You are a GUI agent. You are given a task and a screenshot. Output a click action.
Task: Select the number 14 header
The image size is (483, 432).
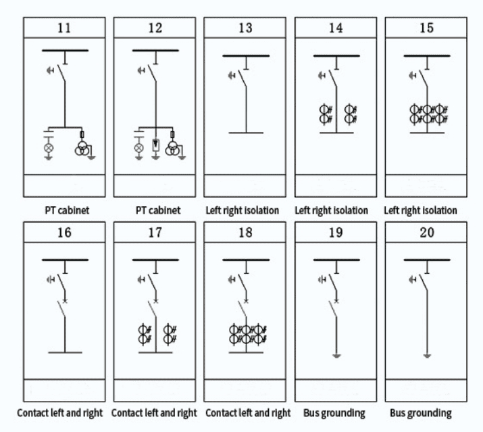[336, 28]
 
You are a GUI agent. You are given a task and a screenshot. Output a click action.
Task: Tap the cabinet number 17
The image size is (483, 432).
[155, 234]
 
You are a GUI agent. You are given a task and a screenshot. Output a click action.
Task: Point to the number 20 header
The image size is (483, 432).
[427, 234]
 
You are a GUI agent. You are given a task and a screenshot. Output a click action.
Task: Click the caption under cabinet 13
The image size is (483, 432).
[243, 210]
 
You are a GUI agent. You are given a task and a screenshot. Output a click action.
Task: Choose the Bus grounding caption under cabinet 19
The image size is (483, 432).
[336, 413]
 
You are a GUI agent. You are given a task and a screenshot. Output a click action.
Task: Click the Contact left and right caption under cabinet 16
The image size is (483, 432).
[60, 413]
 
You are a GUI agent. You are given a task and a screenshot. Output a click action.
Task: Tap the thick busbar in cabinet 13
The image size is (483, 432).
[246, 55]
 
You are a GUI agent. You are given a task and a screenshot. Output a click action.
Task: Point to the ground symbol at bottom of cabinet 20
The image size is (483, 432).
[427, 355]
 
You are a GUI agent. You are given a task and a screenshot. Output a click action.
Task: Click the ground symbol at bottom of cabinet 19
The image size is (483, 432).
[336, 355]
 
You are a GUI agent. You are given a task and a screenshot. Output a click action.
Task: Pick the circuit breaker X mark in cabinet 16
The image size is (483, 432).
[65, 299]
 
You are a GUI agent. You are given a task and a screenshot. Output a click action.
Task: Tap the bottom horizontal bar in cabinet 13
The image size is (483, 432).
[246, 133]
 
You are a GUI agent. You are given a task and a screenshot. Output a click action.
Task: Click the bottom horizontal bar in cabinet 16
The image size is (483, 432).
[65, 352]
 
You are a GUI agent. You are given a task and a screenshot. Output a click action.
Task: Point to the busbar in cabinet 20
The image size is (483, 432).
[427, 260]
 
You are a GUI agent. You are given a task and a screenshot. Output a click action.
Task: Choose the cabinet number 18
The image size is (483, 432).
[246, 234]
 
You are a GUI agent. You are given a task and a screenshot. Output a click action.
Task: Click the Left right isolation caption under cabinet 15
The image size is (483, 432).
[421, 210]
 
